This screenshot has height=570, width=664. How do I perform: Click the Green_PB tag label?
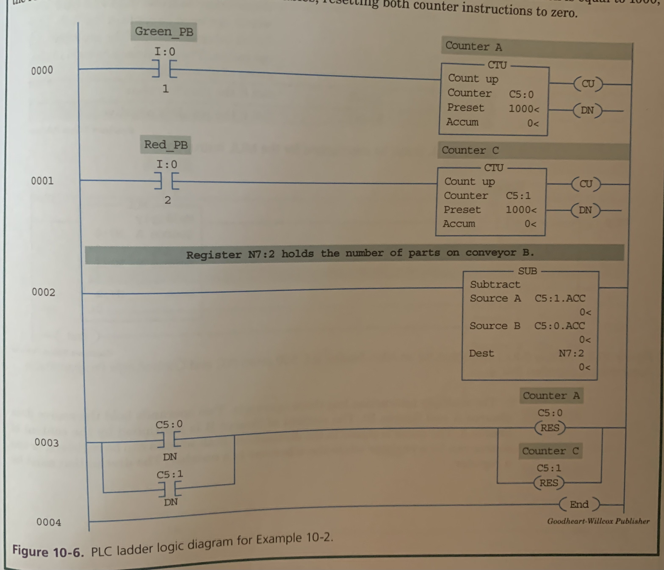[164, 32]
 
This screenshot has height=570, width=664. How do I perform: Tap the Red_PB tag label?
[166, 145]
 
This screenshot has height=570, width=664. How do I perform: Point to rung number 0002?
[43, 292]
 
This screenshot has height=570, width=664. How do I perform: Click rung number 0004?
[48, 522]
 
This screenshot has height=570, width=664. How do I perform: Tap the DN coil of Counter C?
[585, 210]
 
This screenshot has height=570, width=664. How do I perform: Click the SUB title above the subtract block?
[527, 271]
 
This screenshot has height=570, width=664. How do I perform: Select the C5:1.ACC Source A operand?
[560, 298]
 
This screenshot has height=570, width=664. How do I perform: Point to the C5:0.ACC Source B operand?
[559, 326]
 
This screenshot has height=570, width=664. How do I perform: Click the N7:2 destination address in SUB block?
[571, 353]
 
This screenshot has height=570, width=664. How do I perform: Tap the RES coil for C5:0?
[550, 428]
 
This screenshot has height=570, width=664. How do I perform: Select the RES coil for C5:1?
[549, 483]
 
